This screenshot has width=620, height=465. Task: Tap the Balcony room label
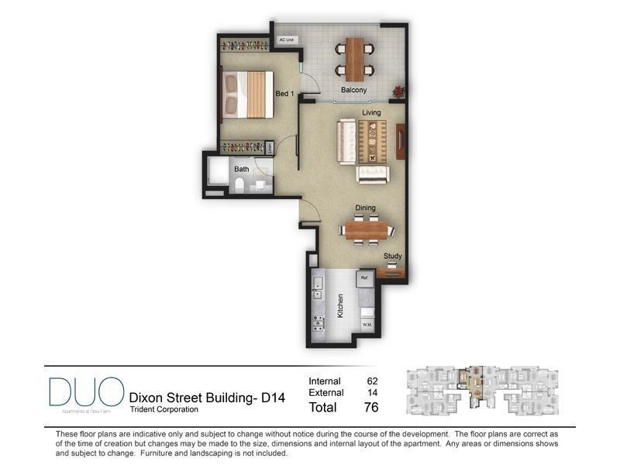(x=353, y=90)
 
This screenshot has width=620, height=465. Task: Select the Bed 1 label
(x=284, y=94)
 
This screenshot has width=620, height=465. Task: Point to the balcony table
(x=354, y=59)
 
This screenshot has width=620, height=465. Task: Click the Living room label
(x=371, y=112)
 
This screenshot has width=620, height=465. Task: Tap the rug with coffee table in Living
(x=372, y=141)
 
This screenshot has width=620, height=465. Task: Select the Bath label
(x=242, y=168)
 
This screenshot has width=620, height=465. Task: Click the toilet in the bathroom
(x=240, y=185)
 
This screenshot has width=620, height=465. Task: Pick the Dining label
(x=366, y=208)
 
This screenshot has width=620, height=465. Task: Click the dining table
(x=367, y=229)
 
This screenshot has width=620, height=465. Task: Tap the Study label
(x=393, y=256)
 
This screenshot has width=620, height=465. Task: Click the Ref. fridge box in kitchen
(x=363, y=277)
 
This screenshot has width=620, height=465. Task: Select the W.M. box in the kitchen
(x=367, y=324)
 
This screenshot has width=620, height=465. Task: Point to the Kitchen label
(x=339, y=305)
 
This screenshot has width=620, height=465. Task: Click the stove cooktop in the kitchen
(x=318, y=322)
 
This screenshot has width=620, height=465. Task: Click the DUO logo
(x=85, y=392)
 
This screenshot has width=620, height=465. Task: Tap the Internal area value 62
(x=372, y=381)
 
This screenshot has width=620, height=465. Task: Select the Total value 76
(x=370, y=407)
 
